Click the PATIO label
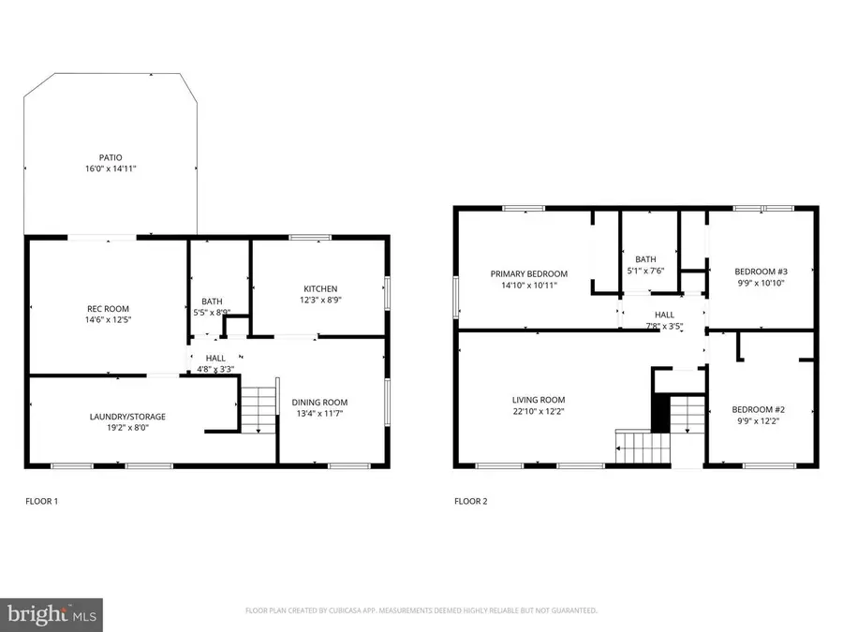111,157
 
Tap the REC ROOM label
109,309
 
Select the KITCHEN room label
319,288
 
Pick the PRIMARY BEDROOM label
529,274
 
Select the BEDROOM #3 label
760,272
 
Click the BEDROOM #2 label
758,410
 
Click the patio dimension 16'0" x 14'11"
111,169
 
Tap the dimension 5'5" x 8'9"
212,312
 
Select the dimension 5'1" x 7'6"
645,272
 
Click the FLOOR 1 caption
41,502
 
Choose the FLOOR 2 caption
471,502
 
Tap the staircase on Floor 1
259,408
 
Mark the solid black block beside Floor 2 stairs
660,413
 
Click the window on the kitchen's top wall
309,237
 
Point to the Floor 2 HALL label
664,316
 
